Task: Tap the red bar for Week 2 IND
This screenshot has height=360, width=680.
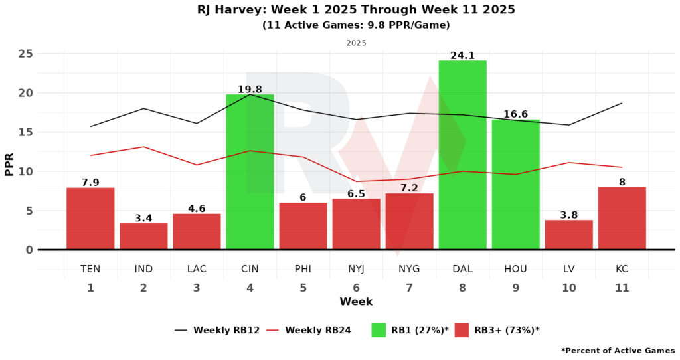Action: point(143,236)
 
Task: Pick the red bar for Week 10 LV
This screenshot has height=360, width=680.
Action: point(568,234)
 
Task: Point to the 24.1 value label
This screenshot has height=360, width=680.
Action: point(462,56)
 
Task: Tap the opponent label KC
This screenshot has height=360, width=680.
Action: point(622,269)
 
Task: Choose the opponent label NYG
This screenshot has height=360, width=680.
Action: point(409,269)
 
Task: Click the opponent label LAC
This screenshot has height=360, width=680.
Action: point(197,269)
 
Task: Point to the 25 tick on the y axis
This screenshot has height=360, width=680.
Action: point(25,54)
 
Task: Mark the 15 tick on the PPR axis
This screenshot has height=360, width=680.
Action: point(25,132)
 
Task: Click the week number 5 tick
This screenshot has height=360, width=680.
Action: point(303,288)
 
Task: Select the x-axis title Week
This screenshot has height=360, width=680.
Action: point(356,302)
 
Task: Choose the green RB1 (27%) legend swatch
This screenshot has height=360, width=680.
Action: point(379,330)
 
